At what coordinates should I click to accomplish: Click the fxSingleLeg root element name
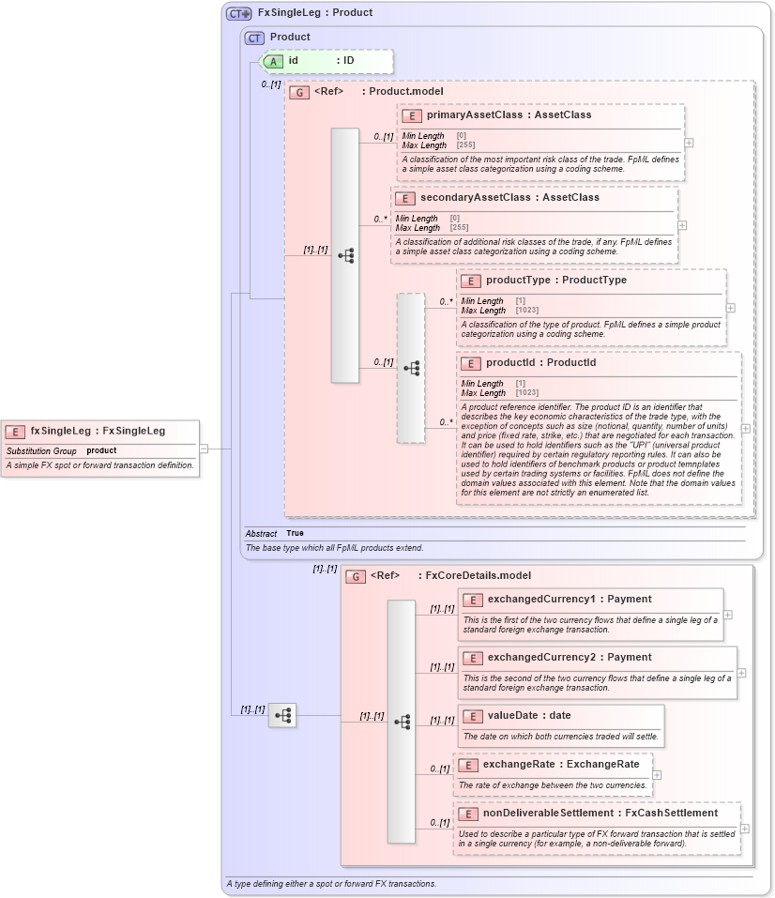[62, 431]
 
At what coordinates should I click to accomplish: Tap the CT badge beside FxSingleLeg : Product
[239, 13]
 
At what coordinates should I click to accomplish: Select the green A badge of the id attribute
[273, 61]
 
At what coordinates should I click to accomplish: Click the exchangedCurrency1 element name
[541, 599]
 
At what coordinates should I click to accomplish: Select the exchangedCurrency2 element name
[541, 657]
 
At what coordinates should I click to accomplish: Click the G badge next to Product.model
[299, 92]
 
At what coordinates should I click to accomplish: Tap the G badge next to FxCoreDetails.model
[356, 576]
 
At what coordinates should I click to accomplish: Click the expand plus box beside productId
[746, 428]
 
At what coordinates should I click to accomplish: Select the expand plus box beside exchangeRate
[657, 775]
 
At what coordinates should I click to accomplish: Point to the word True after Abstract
[295, 533]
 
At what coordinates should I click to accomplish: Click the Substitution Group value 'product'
[101, 451]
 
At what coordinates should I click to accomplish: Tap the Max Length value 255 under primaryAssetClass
[461, 145]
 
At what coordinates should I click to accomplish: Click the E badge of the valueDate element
[474, 716]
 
